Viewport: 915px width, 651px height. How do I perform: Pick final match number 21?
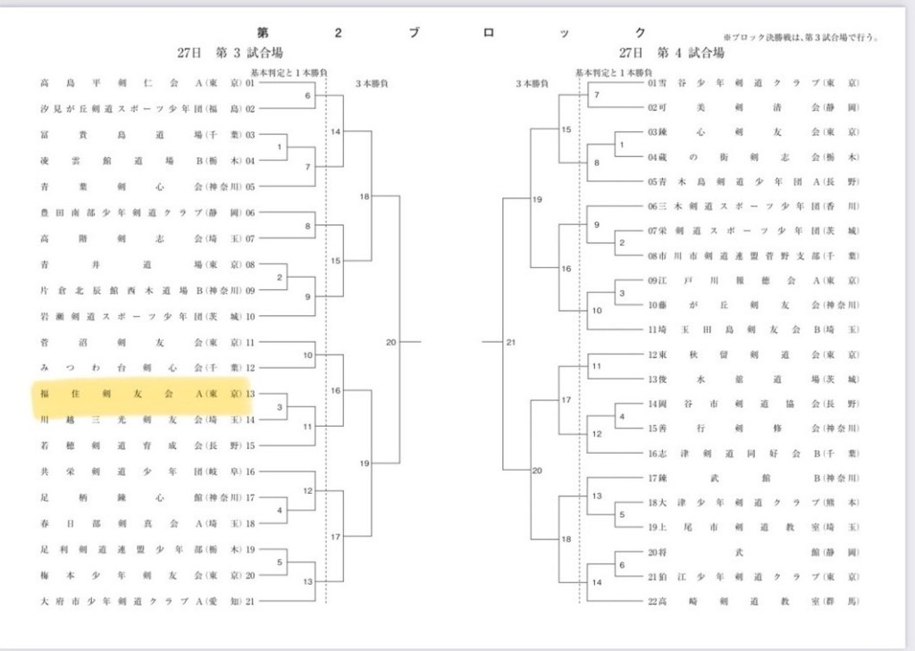[511, 342]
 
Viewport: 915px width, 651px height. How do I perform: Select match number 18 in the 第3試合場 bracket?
[365, 196]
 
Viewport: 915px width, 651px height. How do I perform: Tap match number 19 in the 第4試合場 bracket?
[537, 199]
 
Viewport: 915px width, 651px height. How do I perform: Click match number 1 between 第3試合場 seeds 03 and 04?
[280, 146]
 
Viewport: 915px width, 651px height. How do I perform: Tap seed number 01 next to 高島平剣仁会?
[250, 83]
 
